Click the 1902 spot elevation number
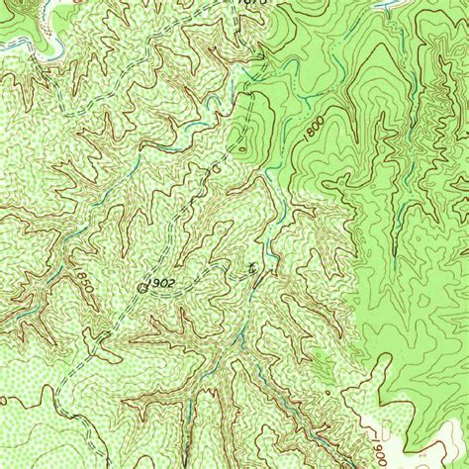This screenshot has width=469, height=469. (161, 282)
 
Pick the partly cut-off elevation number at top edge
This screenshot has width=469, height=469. (253, 4)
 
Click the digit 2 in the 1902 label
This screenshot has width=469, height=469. (173, 282)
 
